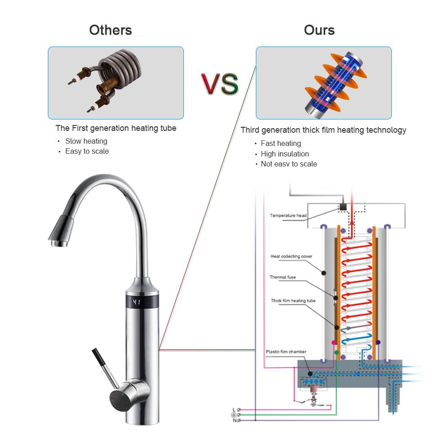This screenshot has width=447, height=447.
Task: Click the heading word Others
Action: click(x=110, y=30)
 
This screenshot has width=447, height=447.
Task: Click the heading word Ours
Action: click(x=319, y=30)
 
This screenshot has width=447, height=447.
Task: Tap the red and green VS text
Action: click(x=219, y=83)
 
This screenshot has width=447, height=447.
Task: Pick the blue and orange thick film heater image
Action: click(x=323, y=83)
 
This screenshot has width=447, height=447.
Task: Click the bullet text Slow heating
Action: click(x=86, y=141)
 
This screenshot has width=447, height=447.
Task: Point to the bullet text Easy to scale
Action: click(x=87, y=151)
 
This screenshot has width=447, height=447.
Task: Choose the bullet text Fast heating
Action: click(x=281, y=144)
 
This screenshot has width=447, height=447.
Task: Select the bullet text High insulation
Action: click(x=285, y=154)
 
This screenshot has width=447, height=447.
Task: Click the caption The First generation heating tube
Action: click(x=116, y=128)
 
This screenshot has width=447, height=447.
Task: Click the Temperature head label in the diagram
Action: click(x=288, y=216)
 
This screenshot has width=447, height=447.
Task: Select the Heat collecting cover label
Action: click(x=291, y=256)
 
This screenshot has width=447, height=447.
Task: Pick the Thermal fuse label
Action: click(x=282, y=277)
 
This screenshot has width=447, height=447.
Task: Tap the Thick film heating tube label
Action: click(x=293, y=301)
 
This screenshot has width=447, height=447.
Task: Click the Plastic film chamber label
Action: click(x=286, y=352)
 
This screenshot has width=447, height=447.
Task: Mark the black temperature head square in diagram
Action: click(x=343, y=207)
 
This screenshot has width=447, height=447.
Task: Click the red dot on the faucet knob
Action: click(x=112, y=398)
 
